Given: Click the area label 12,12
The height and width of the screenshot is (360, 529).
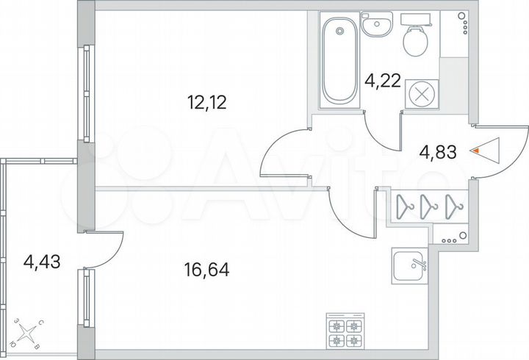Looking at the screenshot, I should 206,102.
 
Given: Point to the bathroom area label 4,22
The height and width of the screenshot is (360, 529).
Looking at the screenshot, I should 383,80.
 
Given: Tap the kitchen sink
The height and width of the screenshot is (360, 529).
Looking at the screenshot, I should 410,267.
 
